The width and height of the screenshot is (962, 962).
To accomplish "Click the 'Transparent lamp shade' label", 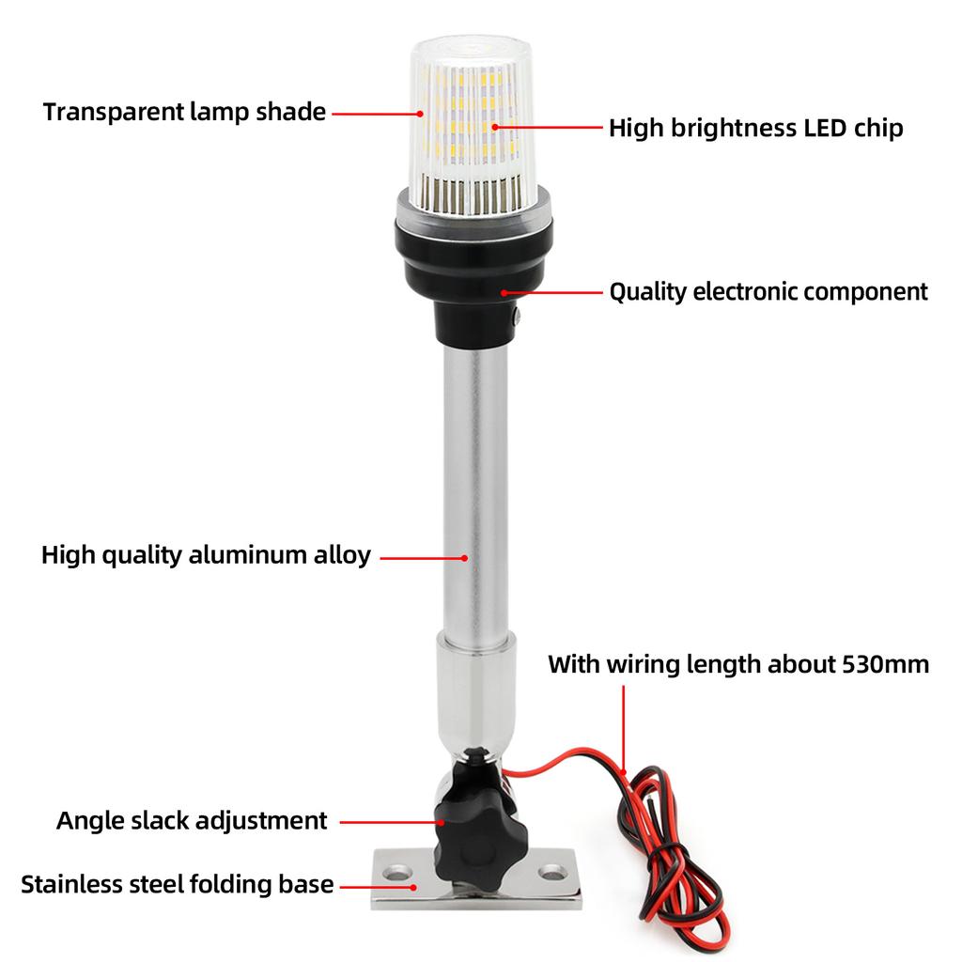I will (184, 112).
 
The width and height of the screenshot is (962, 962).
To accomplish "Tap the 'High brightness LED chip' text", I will (755, 128).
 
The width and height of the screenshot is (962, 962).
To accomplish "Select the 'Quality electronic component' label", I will (768, 292).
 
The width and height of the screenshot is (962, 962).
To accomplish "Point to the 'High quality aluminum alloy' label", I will (206, 555).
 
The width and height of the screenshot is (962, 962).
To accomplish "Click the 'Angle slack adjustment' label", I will (192, 820).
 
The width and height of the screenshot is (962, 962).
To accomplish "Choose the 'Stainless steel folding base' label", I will (177, 884).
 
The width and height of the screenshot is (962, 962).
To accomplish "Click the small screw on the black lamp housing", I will (516, 319).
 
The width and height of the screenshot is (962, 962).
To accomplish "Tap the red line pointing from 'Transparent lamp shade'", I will (377, 113).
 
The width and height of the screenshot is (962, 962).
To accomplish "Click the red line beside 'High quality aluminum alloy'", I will (423, 557).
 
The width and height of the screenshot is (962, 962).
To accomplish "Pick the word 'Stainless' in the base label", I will (67, 884).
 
